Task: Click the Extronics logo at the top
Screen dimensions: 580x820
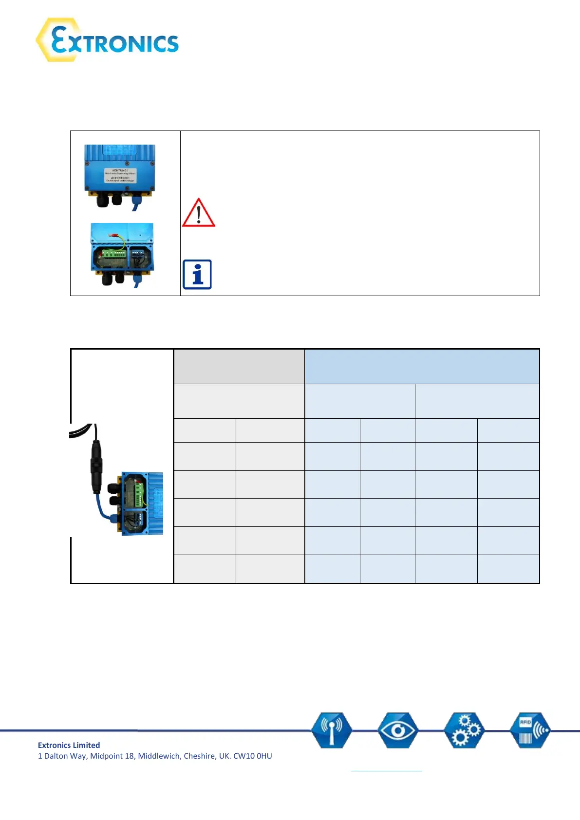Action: point(107,40)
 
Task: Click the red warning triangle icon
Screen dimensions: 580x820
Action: point(198,213)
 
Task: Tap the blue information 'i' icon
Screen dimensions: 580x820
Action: point(197,275)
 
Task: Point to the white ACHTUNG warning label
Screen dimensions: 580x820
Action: point(120,175)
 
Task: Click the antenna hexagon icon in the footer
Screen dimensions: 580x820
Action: point(332,730)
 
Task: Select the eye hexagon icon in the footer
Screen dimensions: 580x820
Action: point(398,730)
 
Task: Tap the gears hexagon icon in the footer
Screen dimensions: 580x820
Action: point(465,730)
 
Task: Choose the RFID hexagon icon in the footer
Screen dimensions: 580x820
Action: point(530,730)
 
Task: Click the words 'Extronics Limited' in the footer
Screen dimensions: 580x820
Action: point(69,745)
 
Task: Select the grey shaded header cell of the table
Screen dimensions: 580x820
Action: point(239,366)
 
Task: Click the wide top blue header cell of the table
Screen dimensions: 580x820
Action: point(422,366)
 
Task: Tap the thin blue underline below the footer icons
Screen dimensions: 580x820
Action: point(386,771)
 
